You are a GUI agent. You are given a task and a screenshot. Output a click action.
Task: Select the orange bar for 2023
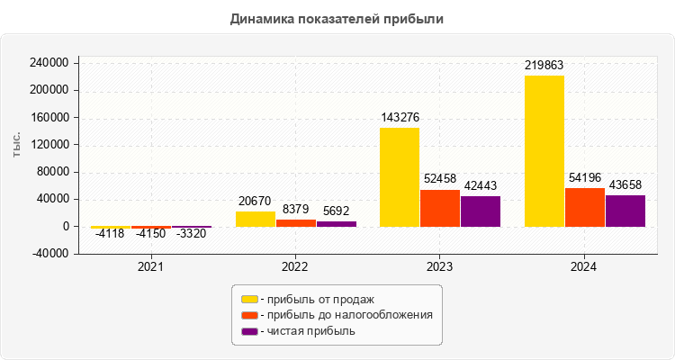440,208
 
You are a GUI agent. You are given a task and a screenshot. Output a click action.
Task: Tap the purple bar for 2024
625,211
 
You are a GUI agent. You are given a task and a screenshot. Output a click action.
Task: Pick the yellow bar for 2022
256,219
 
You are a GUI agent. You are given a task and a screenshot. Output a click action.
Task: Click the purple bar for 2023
481,211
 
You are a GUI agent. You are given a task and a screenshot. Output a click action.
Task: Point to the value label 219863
544,66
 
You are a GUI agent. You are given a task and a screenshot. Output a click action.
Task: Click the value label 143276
400,118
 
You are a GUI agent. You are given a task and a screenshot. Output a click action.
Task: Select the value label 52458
440,180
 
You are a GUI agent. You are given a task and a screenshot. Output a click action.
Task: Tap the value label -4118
110,235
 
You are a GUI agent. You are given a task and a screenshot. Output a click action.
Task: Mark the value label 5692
337,211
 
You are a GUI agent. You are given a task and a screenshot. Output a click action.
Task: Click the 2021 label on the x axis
151,267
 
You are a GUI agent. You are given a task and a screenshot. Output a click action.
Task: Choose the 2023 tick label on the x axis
440,267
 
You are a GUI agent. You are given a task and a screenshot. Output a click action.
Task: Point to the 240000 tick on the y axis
50,63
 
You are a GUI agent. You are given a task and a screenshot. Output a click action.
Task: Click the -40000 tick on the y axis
52,254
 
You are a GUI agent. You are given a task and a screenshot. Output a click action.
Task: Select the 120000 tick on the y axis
50,145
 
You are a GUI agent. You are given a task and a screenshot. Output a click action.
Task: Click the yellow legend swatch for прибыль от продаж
249,299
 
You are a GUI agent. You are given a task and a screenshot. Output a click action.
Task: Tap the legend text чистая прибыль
311,331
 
